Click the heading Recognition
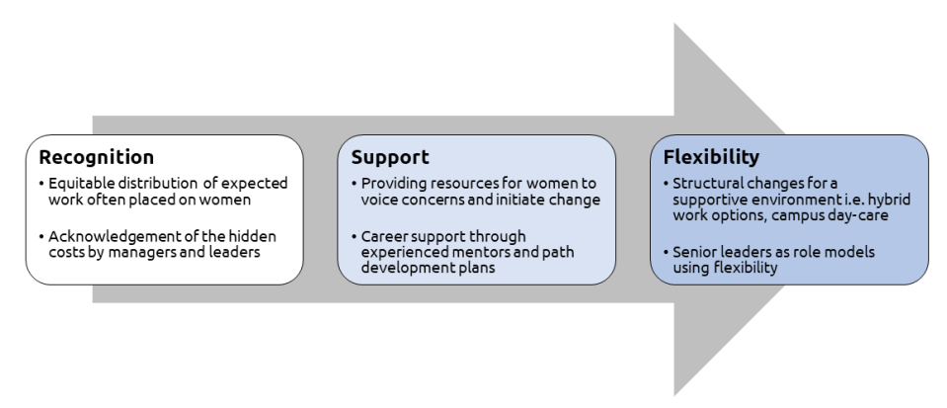(96, 157)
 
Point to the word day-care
(852, 215)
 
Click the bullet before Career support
(354, 236)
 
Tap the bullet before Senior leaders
(667, 252)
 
